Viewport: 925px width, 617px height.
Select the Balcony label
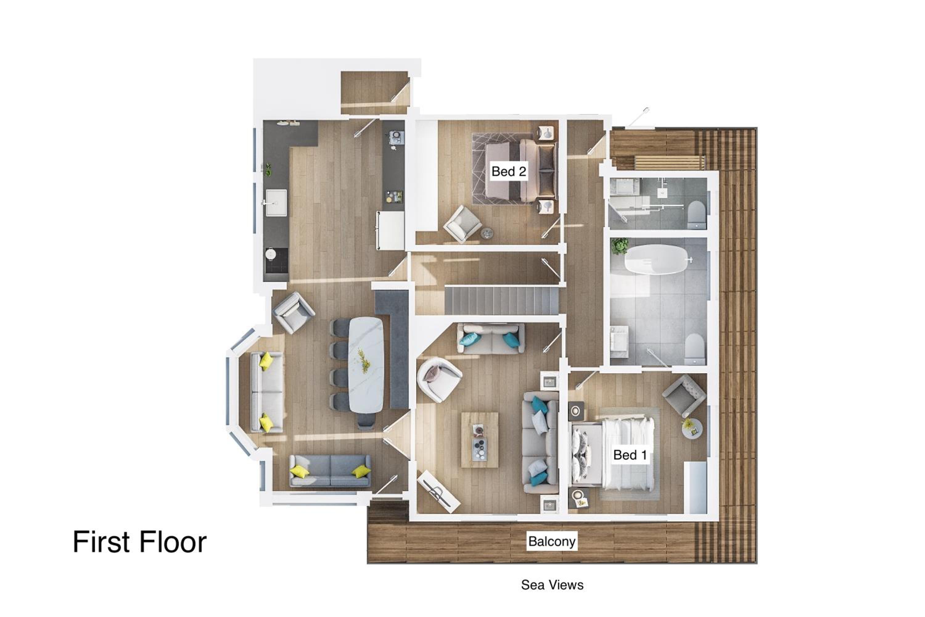(x=552, y=541)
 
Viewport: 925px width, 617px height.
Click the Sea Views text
(x=552, y=585)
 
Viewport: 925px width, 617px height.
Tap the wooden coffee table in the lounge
(x=479, y=440)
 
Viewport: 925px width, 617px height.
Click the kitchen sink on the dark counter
(x=276, y=203)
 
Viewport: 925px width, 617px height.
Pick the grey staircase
(x=502, y=300)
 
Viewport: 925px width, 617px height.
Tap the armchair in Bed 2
(x=462, y=223)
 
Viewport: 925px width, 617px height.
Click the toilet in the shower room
(x=697, y=215)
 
